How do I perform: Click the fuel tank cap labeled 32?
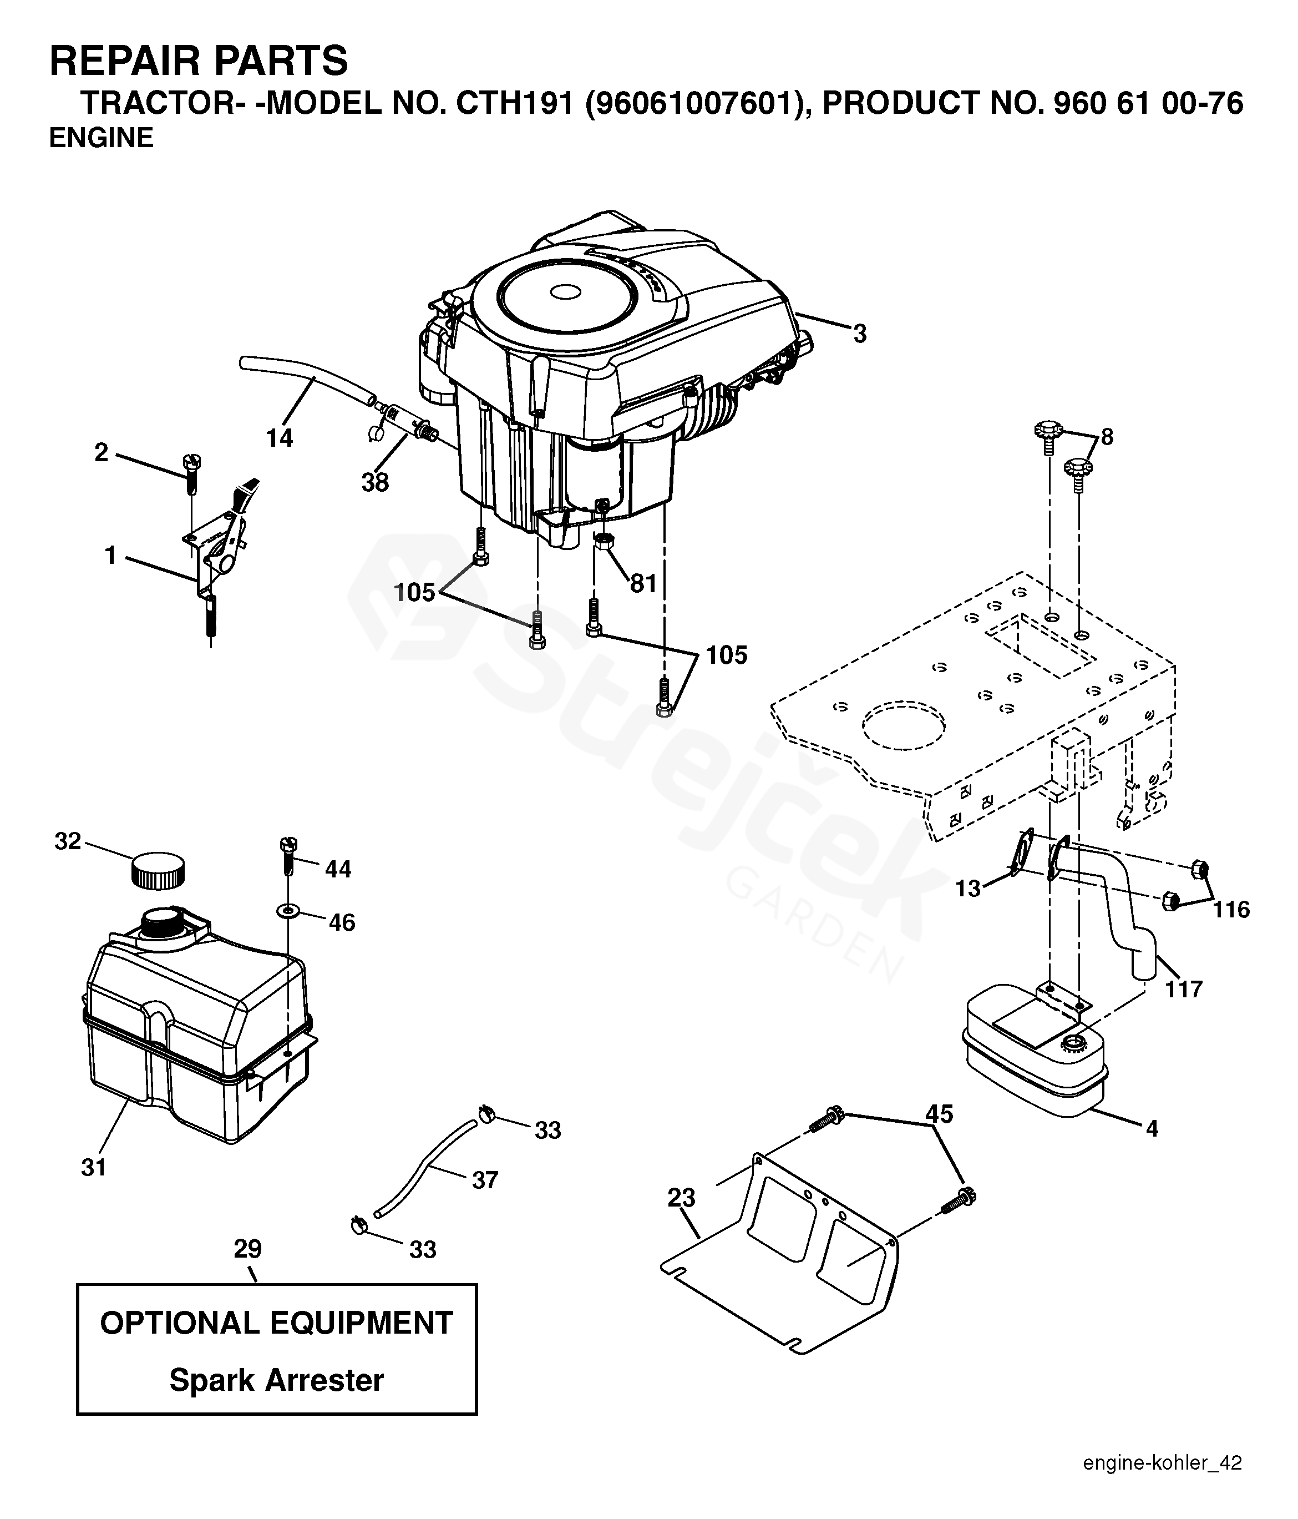tap(158, 870)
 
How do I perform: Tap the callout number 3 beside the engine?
tap(860, 334)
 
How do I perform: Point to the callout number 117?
tap(1184, 990)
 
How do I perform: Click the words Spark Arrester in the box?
tap(276, 1380)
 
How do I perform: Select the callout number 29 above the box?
tap(248, 1249)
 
